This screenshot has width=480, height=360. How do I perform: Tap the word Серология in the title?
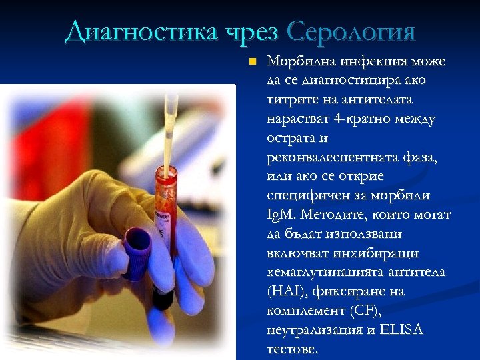[351, 31]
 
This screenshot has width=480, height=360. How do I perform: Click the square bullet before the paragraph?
[251, 63]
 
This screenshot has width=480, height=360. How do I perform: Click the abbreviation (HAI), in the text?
[285, 292]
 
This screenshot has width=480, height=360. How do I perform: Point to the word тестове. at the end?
[293, 349]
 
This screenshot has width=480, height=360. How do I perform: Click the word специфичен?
[303, 197]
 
